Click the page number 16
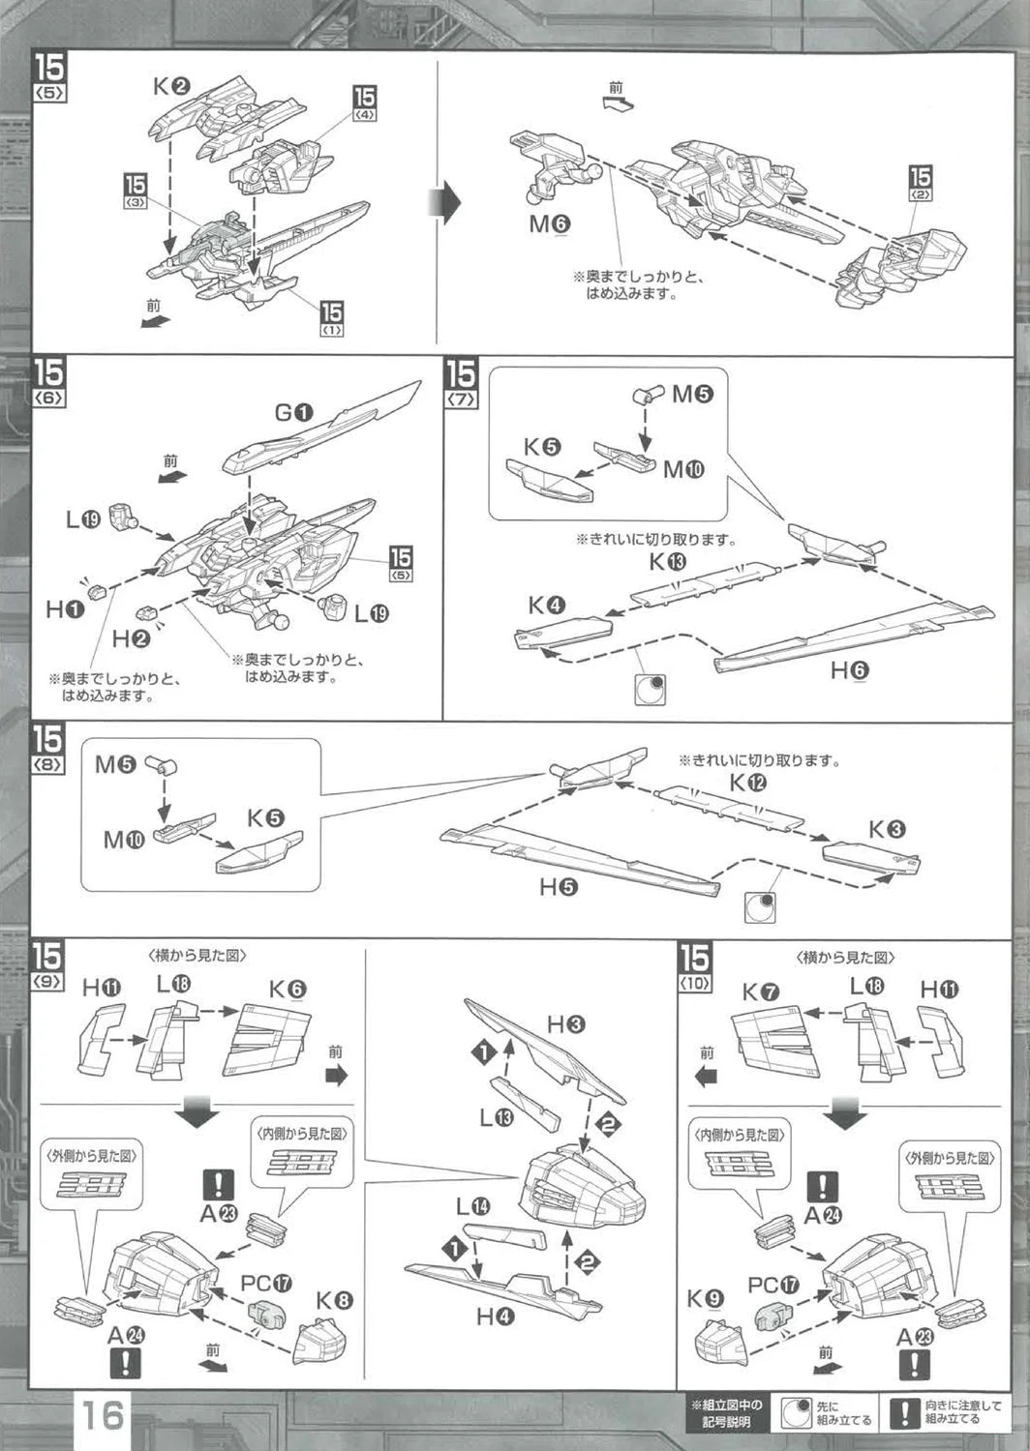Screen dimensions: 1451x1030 (x=102, y=1415)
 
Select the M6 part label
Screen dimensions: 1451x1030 (x=549, y=224)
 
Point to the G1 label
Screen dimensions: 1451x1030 (x=293, y=413)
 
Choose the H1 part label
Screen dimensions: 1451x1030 (x=65, y=609)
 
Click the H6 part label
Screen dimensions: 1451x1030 (x=849, y=670)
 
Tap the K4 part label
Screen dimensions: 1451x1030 (x=546, y=607)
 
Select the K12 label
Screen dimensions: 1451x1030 (x=747, y=782)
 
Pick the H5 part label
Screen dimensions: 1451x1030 (x=559, y=885)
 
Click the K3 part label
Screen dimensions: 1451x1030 (x=886, y=829)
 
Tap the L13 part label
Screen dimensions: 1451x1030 (x=498, y=1117)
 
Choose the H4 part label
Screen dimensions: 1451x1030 (x=495, y=1316)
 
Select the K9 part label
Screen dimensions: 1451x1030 (x=705, y=1299)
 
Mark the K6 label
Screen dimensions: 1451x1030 (x=287, y=989)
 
